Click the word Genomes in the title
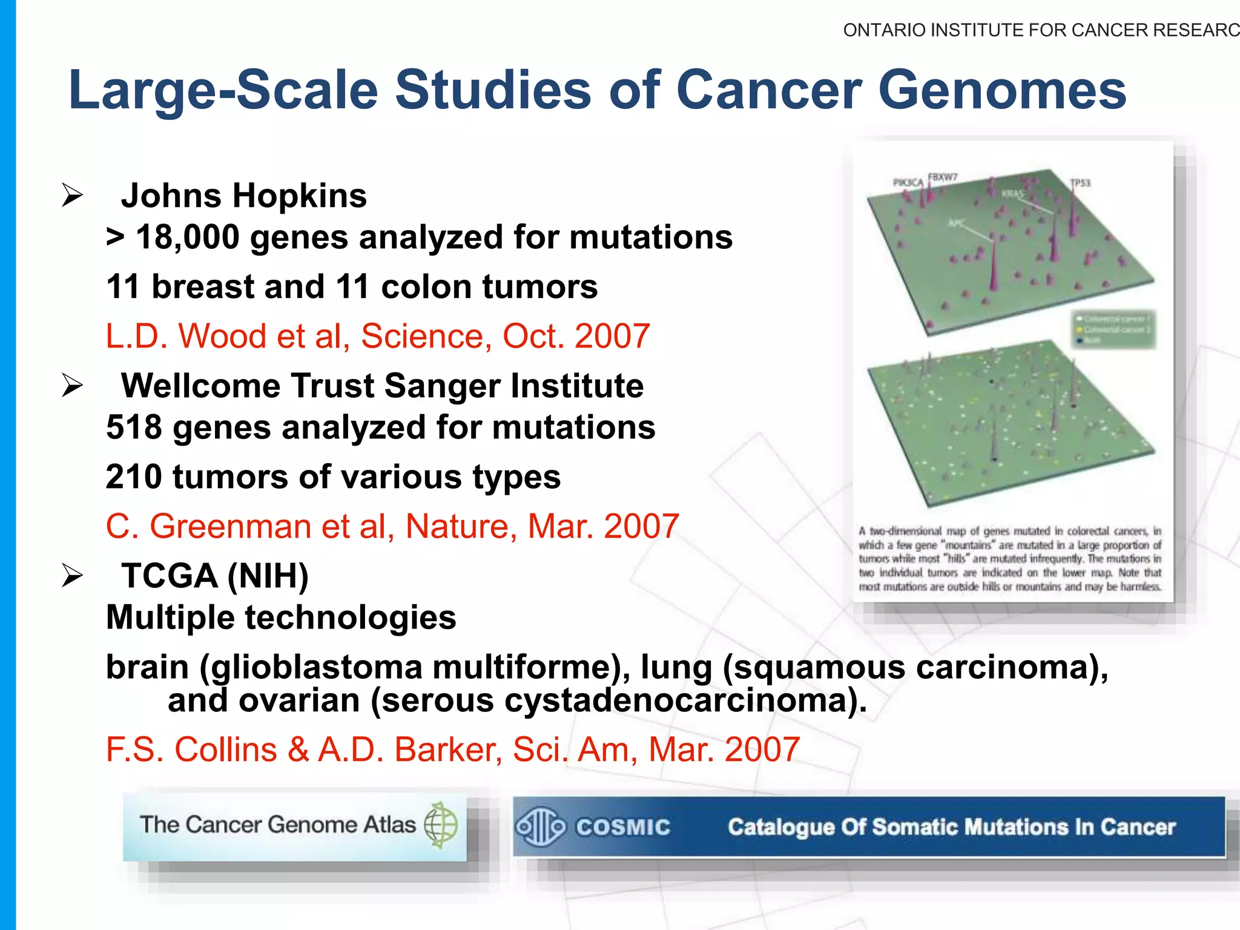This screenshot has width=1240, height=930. coord(1002,91)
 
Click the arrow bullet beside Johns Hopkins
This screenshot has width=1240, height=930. coord(72,196)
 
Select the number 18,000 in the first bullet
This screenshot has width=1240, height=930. coord(188,237)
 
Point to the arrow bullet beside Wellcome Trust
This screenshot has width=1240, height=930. coord(72,386)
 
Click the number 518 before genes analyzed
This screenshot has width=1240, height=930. coord(134,427)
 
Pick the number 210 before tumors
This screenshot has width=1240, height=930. coord(134,477)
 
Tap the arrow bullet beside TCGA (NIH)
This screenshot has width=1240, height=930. coord(72,575)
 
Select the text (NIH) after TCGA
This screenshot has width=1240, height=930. coord(268,576)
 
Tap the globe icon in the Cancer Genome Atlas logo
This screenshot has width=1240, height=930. coord(441,825)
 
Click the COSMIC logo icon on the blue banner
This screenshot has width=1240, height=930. coord(540,826)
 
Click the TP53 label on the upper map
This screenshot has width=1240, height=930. coord(1080,183)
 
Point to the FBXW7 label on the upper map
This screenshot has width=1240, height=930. coord(943,177)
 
